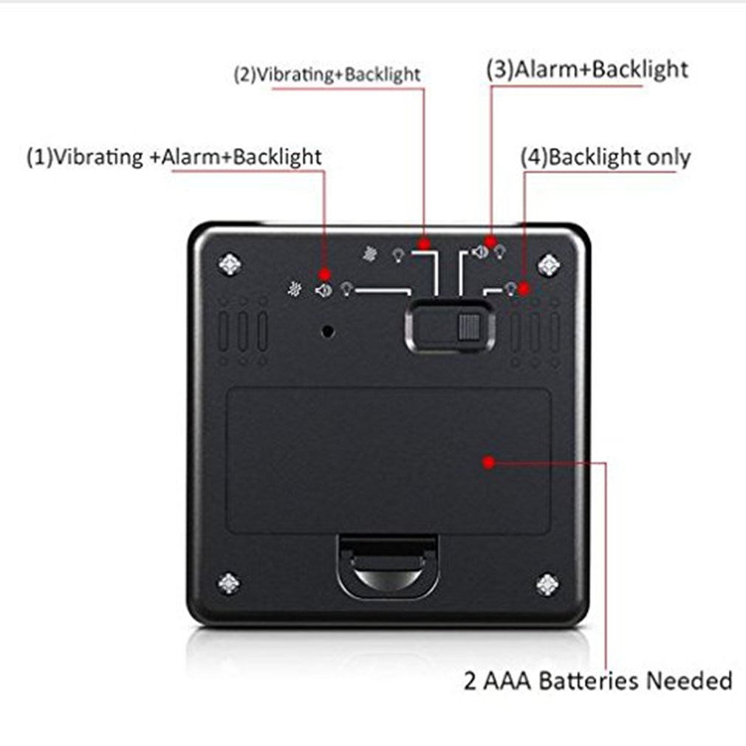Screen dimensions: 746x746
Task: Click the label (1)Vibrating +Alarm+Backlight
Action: (x=174, y=157)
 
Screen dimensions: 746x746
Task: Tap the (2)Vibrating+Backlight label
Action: (x=327, y=75)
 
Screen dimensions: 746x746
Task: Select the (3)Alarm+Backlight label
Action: (x=587, y=69)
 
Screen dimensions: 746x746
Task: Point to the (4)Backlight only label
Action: (x=605, y=157)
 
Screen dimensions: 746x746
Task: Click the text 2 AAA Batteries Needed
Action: (x=598, y=680)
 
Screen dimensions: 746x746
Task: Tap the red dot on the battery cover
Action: (x=489, y=462)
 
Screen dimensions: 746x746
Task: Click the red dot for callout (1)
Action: (x=325, y=274)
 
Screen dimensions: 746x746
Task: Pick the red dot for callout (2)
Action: (x=424, y=244)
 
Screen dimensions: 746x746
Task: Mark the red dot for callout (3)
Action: (x=490, y=242)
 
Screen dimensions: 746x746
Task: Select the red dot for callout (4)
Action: (x=524, y=288)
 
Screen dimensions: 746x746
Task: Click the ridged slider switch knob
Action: (x=468, y=327)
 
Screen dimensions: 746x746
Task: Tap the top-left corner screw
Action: (x=230, y=264)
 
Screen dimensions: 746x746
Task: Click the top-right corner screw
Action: (x=549, y=264)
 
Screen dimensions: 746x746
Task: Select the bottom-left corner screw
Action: (x=229, y=583)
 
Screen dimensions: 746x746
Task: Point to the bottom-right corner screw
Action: (x=547, y=584)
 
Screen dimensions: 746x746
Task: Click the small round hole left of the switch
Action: (x=328, y=331)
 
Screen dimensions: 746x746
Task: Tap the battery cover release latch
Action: (x=389, y=566)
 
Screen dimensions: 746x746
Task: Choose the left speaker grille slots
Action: (x=243, y=332)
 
